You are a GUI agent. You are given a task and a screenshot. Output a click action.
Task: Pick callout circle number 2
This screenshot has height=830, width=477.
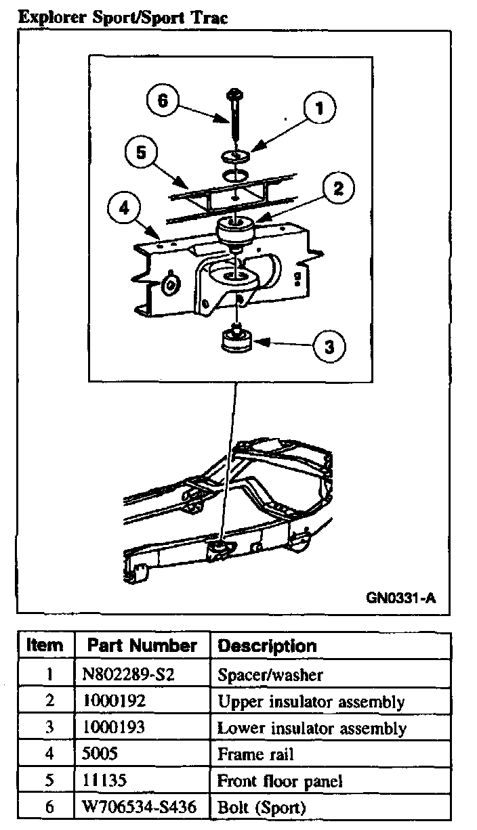pos(337,188)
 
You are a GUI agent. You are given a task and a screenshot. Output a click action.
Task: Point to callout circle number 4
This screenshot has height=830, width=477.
pos(123,209)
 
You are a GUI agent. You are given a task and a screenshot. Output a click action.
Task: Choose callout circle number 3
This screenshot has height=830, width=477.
pos(328,347)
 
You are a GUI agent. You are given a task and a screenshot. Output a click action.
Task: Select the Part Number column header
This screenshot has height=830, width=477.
pos(142,645)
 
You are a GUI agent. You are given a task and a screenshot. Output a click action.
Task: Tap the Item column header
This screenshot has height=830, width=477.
pos(45,645)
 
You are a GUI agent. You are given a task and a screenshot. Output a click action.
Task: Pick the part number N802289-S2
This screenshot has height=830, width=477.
pos(123,674)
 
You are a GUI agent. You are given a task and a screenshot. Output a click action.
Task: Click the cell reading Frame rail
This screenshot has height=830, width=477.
pos(255,754)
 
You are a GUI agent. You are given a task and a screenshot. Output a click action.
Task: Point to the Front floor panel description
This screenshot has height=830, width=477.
pos(279,781)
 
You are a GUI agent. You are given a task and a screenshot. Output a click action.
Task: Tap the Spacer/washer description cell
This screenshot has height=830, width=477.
pos(270,675)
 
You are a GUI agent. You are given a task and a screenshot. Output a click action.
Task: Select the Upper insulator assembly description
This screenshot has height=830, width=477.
pos(310,701)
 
